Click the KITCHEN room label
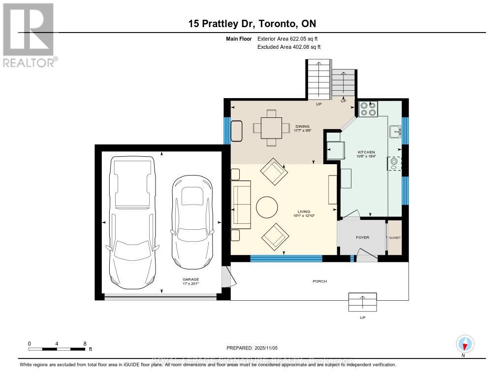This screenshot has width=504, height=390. point(366,152)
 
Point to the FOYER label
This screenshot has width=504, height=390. point(362,238)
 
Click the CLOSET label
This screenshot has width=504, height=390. point(395,238)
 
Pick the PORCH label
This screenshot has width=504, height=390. point(319,281)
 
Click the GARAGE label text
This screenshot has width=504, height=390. point(190,279)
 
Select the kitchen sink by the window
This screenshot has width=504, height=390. point(395,132)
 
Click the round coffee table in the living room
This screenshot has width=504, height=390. point(267,207)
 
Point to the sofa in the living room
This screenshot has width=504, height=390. point(241,203)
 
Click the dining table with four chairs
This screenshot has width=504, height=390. point(271,128)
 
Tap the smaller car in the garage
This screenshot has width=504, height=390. point(192,222)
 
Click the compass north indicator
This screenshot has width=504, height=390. point(465,344)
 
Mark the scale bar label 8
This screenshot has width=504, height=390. point(85,343)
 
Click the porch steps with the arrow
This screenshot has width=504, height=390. point(362,302)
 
